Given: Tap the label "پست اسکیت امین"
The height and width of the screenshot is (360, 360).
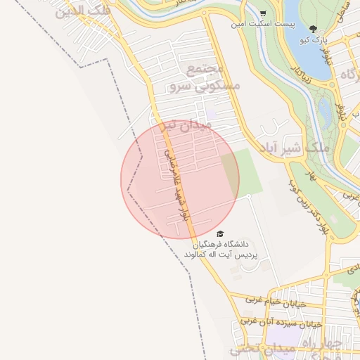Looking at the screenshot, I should pos(258,25).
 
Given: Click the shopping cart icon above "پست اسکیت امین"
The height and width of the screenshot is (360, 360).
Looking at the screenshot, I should pos(262,13).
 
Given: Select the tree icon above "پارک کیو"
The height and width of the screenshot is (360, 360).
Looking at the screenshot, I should pos(313,29).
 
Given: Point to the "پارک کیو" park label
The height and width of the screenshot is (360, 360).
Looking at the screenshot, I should pos(313,40).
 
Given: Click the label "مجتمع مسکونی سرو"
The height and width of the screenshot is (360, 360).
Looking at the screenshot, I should pos(204,78).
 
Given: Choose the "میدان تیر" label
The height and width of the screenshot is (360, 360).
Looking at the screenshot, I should pos(186,127).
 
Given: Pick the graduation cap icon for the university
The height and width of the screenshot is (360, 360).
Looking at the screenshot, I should pos(220,233).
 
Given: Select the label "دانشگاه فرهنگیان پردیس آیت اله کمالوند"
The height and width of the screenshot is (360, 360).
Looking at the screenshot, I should pos(221,248).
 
